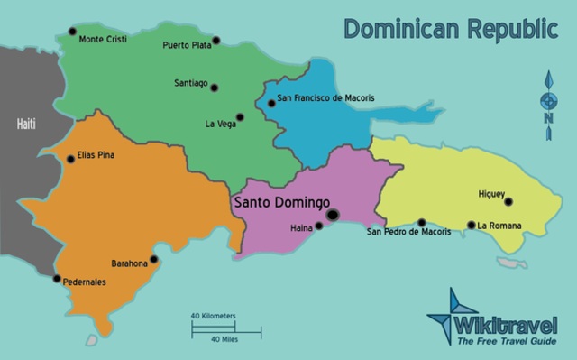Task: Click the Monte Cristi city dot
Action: click(x=71, y=31)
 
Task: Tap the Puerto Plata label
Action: click(x=187, y=44)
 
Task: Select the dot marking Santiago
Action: click(x=215, y=88)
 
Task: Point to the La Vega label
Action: click(x=220, y=124)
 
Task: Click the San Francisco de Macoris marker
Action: click(x=271, y=104)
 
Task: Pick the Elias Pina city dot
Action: click(x=70, y=160)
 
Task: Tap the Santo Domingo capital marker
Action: click(x=334, y=215)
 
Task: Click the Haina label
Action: click(x=300, y=228)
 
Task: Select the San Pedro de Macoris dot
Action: click(x=421, y=222)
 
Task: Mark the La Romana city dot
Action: click(x=471, y=226)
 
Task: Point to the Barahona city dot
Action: click(x=154, y=260)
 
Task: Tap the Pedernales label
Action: click(x=84, y=282)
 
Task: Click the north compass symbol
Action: click(x=547, y=105)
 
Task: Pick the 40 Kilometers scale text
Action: click(x=213, y=316)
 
